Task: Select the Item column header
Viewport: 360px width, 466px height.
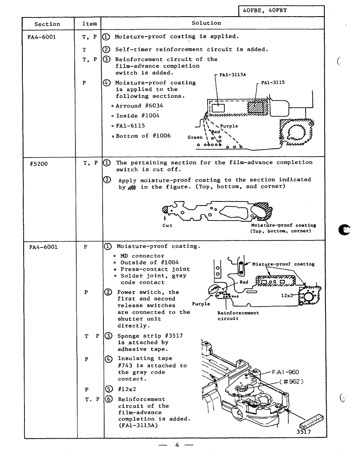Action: click(x=86, y=24)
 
